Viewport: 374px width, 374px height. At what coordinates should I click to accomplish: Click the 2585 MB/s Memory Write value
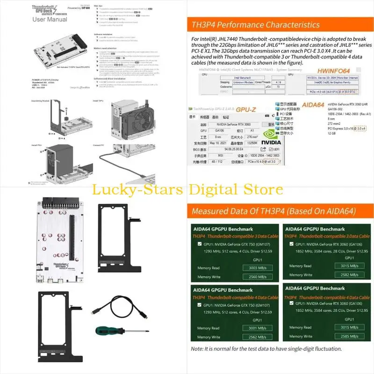tap(350, 337)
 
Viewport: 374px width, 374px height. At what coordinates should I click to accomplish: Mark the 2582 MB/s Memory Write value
tap(350, 275)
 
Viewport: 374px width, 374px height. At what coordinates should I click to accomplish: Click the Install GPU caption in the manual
tap(98, 101)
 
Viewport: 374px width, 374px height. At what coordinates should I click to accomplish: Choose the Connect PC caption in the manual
tap(99, 145)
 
